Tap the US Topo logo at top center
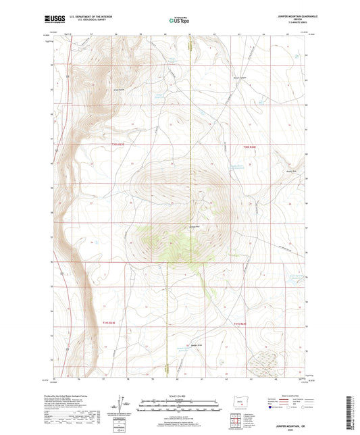[x=179, y=21]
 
